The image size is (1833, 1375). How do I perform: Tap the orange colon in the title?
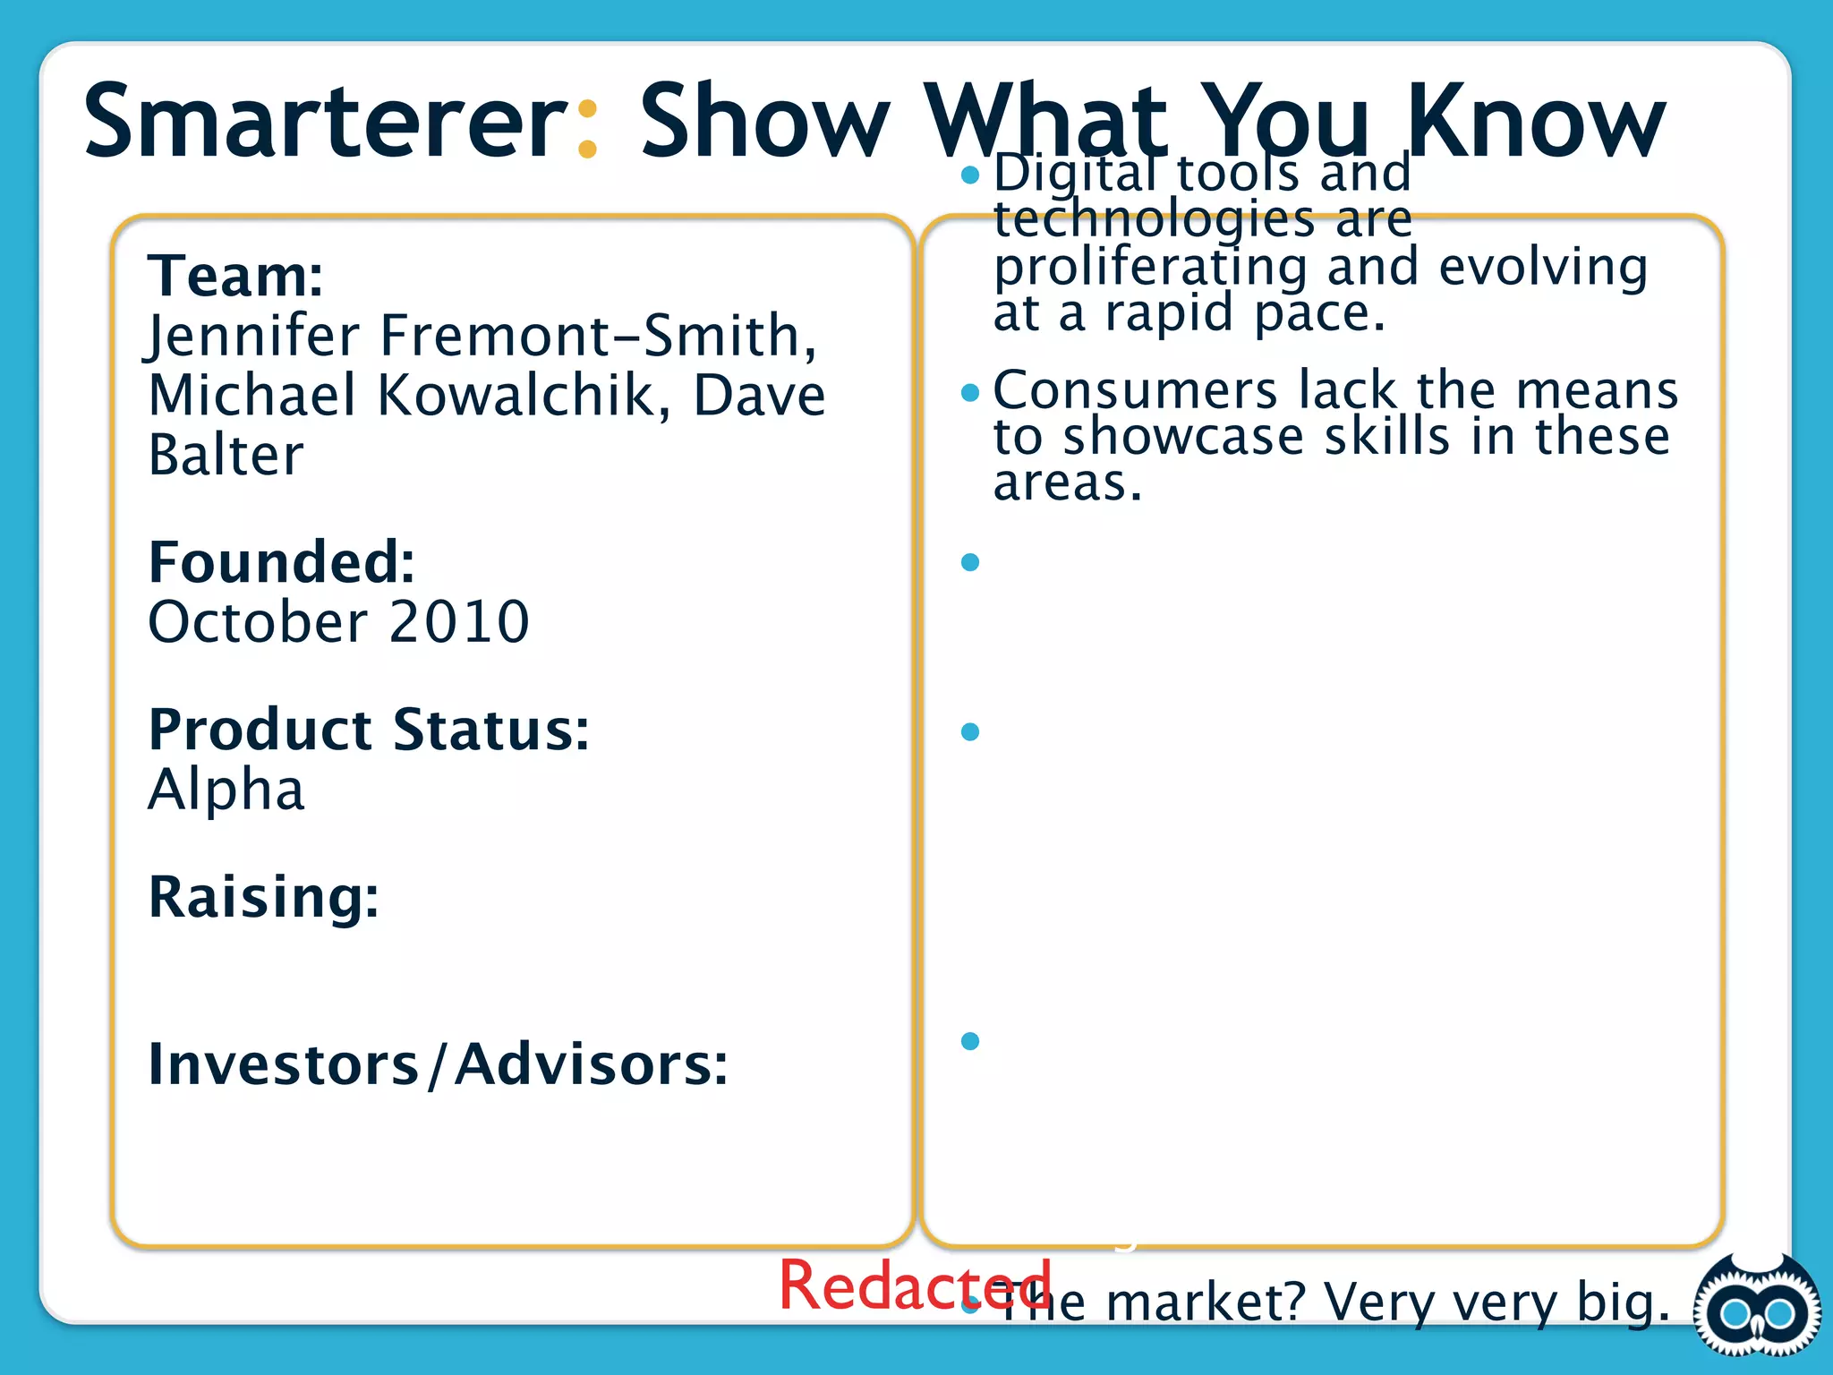587,130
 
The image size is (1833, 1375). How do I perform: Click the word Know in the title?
1536,121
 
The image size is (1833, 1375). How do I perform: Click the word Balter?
226,456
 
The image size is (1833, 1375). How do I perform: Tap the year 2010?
459,622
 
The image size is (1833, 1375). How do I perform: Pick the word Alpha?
226,790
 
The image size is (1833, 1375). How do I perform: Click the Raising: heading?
263,897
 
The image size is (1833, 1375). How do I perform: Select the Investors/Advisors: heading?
438,1064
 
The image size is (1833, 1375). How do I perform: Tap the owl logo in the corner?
1757,1313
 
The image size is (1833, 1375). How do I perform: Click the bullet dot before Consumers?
970,393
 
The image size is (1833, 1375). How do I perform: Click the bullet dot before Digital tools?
970,175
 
